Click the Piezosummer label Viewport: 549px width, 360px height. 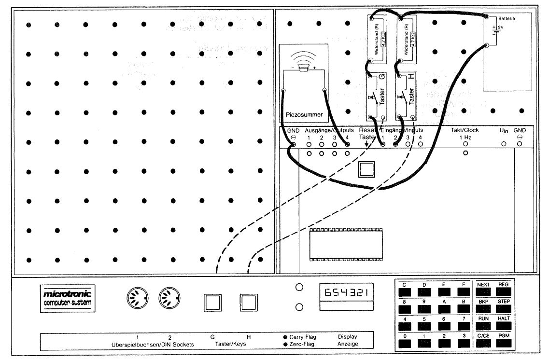coord(304,114)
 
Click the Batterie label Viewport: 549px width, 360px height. coord(505,18)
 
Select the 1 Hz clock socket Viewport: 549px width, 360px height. coord(465,144)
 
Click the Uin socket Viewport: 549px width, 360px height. coord(503,144)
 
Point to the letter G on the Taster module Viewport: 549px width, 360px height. coord(383,77)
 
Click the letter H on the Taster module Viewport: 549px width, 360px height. coord(411,77)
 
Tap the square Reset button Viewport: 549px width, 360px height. coord(366,169)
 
